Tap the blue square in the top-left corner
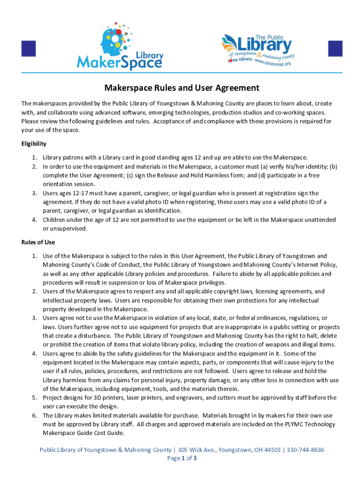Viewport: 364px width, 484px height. (x=29, y=49)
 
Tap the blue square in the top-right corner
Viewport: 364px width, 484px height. (x=335, y=49)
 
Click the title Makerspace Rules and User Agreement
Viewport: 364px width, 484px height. (x=182, y=88)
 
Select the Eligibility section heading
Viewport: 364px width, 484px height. (x=34, y=144)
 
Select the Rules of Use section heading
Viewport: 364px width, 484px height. (x=38, y=242)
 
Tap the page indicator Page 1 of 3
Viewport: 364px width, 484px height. (x=182, y=458)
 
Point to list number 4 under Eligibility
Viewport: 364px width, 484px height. (x=35, y=220)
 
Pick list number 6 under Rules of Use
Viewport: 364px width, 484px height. (x=35, y=415)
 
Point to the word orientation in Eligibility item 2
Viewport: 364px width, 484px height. (x=57, y=184)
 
